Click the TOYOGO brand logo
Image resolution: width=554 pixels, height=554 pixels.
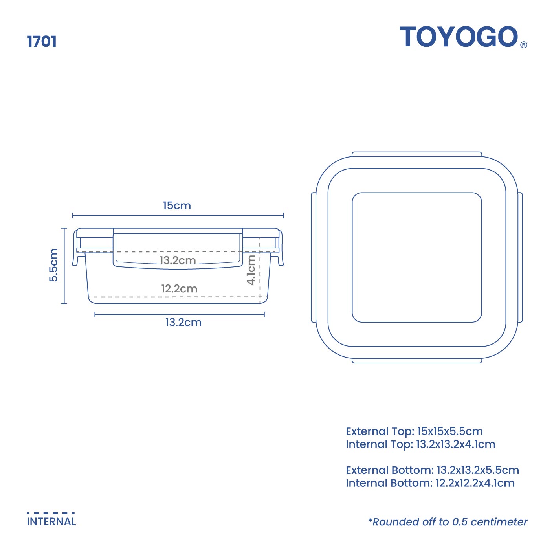point(459,37)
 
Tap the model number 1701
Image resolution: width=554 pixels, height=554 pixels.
point(42,42)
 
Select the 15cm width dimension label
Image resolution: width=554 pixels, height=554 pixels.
point(177,205)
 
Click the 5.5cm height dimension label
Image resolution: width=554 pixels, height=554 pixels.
point(53,265)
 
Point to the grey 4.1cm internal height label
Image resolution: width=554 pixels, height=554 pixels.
point(251,270)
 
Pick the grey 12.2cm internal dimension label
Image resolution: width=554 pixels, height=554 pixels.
point(179,289)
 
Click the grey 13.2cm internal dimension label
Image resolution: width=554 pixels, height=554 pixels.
point(178,260)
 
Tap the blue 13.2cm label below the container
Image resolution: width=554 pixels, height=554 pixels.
point(183,322)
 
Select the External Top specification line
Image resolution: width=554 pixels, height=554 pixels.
point(414,431)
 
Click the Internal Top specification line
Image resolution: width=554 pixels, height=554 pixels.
point(420,444)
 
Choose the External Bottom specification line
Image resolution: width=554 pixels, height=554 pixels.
point(432,470)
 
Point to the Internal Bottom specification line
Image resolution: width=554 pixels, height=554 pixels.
point(430,483)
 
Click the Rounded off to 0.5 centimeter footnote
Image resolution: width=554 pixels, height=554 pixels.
point(448,522)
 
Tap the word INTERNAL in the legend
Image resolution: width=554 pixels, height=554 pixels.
point(51,522)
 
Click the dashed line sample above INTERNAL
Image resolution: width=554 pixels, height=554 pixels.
point(51,513)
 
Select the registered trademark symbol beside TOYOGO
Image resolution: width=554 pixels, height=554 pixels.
point(523,45)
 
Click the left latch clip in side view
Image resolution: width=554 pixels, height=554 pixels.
point(75,248)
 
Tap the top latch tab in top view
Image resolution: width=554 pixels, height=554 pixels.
point(416,154)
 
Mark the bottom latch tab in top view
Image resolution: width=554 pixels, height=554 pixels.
point(416,361)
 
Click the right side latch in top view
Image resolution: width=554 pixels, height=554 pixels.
point(520,257)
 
